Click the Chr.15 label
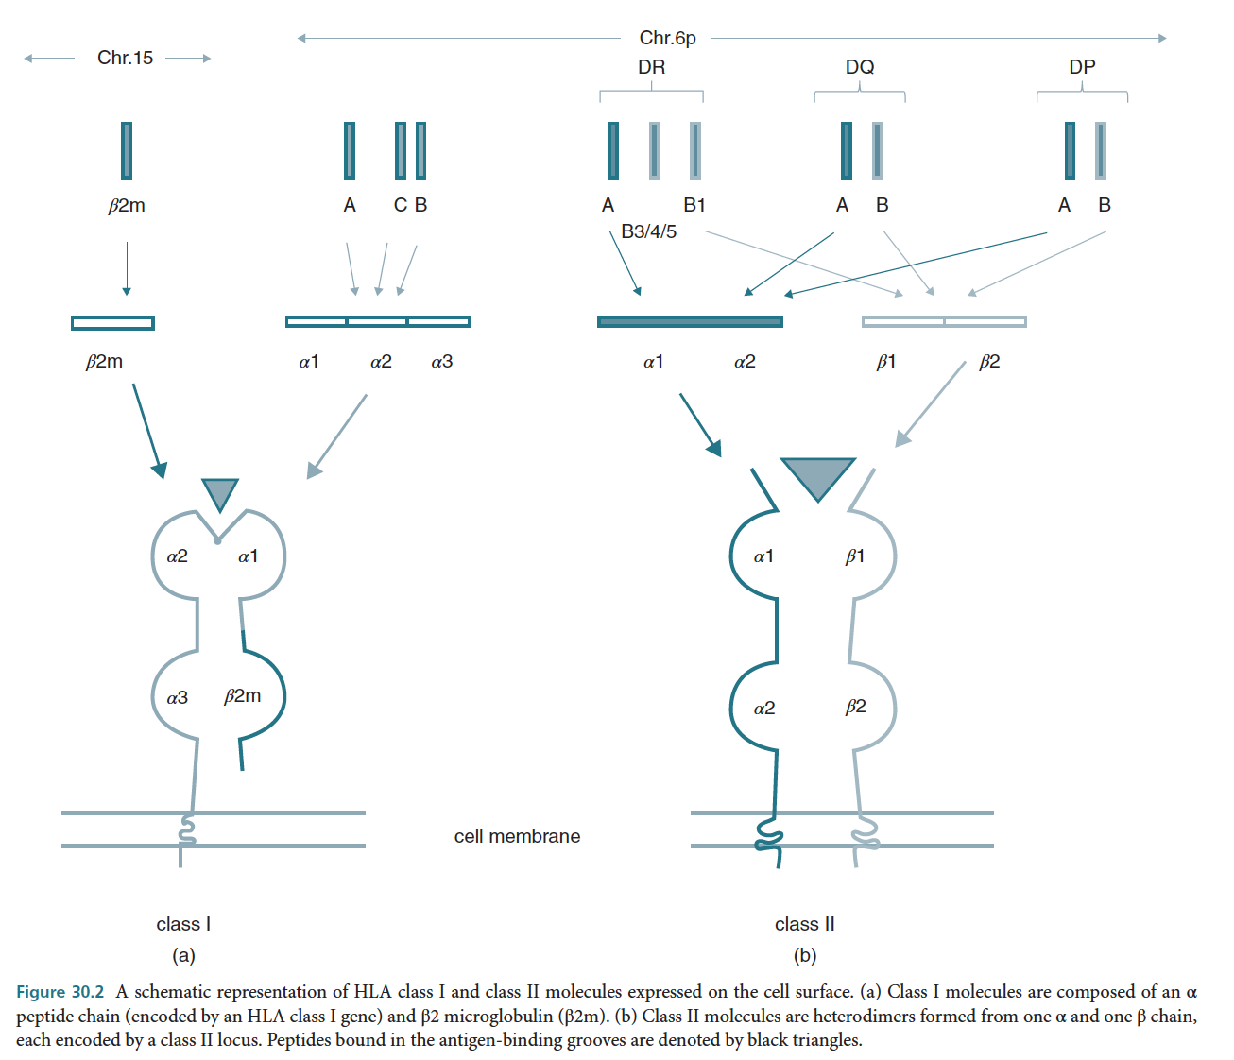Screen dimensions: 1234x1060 coord(125,58)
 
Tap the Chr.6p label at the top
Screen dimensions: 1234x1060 coord(667,38)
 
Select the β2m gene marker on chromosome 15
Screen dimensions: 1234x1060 coord(127,150)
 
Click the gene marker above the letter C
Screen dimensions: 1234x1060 coord(401,150)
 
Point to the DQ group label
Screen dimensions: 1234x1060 coord(860,67)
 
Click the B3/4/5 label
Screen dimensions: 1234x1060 coord(648,231)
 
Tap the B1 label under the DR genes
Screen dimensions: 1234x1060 coord(694,205)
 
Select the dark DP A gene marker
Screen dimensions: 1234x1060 coord(1070,150)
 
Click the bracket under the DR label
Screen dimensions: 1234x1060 coord(651,92)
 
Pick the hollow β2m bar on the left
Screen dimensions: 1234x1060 coord(112,323)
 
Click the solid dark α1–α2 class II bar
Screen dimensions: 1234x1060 coord(690,322)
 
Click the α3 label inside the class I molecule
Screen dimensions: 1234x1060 coord(178,698)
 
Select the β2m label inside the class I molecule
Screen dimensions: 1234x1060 coord(243,696)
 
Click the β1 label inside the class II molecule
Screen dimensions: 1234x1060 coord(855,556)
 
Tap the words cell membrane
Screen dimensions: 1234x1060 coord(517,836)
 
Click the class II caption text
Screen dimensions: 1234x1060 coord(805,924)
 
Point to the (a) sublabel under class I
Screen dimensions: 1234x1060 coord(183,955)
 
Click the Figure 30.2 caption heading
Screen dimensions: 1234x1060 coord(60,992)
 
